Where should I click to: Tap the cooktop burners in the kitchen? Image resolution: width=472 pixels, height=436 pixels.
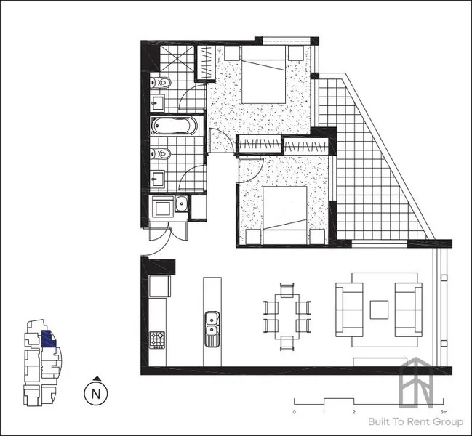(x=157, y=339)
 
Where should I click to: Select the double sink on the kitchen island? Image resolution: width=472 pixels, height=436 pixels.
(x=212, y=326)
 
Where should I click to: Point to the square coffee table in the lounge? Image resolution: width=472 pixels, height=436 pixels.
(x=379, y=310)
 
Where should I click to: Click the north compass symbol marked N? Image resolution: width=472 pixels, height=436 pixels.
(x=95, y=395)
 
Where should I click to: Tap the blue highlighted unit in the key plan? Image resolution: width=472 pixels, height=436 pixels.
(x=47, y=339)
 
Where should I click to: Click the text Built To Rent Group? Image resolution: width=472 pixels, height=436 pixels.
(x=411, y=422)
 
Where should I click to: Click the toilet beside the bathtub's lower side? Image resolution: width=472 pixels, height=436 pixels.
(x=164, y=153)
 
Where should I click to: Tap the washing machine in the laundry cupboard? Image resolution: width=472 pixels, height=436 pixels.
(x=161, y=206)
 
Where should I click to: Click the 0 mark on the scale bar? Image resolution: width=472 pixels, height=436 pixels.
(x=295, y=411)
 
